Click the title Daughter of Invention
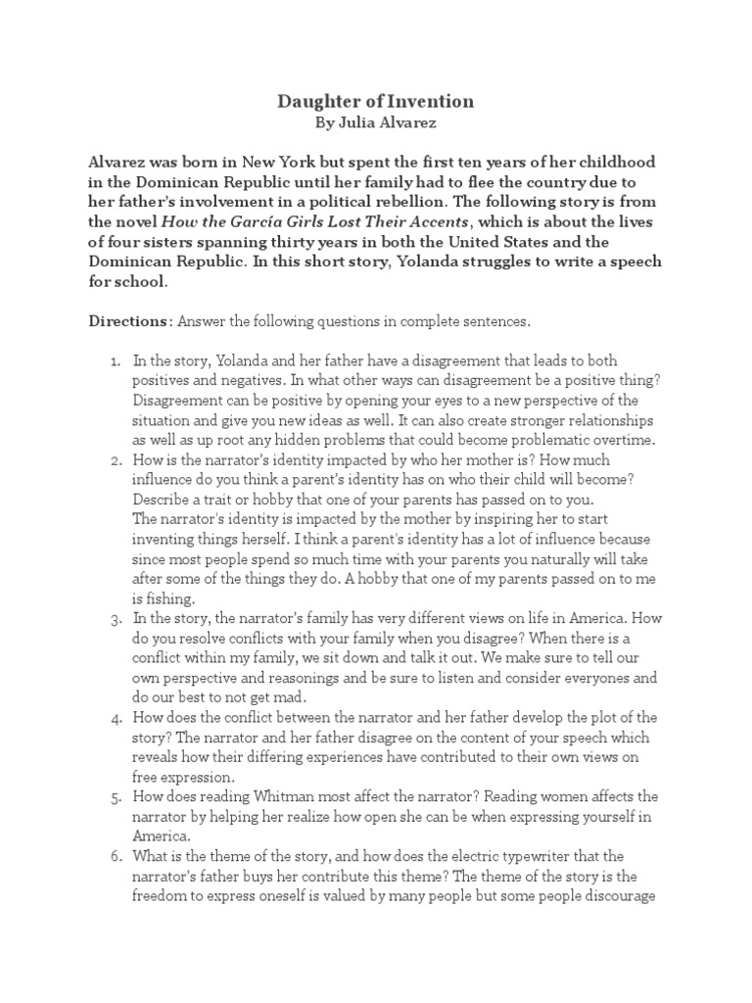377,101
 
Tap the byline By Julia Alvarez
377,124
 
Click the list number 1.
114,361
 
